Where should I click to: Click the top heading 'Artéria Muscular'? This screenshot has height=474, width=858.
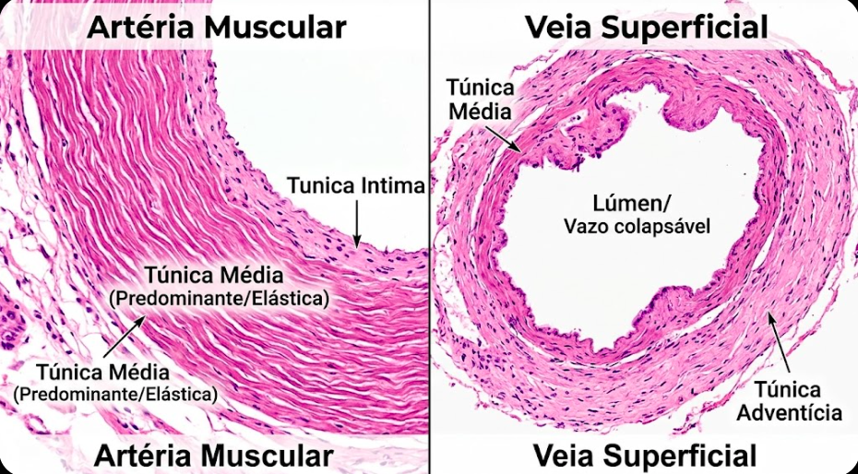click(216, 27)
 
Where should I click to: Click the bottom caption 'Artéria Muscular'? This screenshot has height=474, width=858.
click(213, 456)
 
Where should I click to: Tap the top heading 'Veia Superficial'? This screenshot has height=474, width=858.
click(646, 27)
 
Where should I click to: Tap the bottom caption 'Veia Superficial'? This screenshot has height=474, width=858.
click(645, 456)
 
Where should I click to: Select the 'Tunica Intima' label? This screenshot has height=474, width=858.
click(355, 185)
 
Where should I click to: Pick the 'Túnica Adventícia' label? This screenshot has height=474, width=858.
click(797, 399)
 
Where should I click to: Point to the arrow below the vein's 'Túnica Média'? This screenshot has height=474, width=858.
click(504, 136)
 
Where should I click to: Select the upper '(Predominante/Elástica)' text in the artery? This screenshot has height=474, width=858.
click(219, 300)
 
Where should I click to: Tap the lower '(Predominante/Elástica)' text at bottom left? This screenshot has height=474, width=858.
click(115, 394)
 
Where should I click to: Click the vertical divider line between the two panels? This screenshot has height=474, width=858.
click(429, 237)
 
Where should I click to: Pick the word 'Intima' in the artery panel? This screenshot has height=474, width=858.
click(392, 185)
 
